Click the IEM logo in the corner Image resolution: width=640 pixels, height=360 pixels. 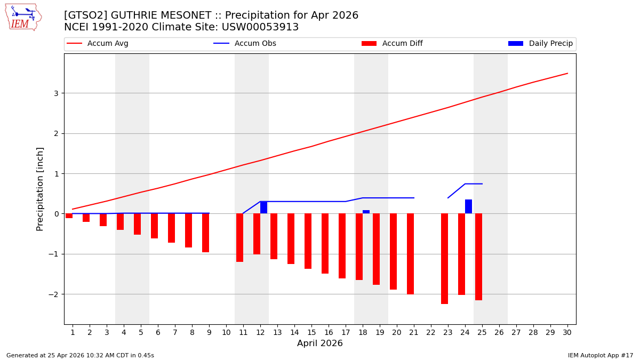[23, 17]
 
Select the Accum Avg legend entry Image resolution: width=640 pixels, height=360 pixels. [97, 44]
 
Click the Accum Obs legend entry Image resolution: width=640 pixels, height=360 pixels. [245, 44]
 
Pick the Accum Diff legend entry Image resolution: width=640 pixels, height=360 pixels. [392, 44]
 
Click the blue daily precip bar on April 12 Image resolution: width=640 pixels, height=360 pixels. [263, 207]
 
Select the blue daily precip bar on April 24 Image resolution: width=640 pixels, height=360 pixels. [468, 206]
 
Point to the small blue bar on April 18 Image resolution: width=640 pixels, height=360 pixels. [366, 212]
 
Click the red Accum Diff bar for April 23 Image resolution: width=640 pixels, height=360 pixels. [444, 258]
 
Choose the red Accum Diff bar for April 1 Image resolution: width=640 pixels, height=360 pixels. [69, 215]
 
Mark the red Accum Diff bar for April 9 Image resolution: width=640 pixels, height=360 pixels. [205, 233]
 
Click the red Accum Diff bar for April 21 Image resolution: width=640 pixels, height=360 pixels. [410, 253]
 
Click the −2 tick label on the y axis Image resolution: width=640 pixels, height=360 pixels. [54, 294]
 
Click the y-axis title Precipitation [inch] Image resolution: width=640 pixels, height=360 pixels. [41, 189]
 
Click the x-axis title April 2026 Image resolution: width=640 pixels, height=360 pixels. [320, 343]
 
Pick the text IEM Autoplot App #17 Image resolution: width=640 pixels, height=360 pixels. [600, 355]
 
